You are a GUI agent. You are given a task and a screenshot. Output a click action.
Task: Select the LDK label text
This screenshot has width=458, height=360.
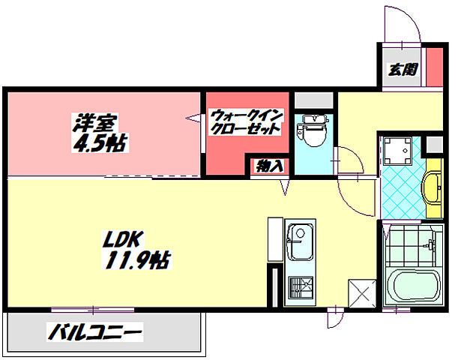(x=118, y=241)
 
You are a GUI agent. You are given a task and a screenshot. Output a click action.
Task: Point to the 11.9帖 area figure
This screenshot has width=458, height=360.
(x=135, y=261)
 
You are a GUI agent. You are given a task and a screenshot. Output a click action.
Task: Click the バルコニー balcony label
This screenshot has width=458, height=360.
(x=95, y=331)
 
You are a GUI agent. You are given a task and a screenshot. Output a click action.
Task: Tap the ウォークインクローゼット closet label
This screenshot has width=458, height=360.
(x=245, y=121)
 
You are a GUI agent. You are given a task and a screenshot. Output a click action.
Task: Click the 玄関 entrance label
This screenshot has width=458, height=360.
(x=403, y=70)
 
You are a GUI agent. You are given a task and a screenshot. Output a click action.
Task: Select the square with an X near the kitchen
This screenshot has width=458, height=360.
(x=361, y=292)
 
